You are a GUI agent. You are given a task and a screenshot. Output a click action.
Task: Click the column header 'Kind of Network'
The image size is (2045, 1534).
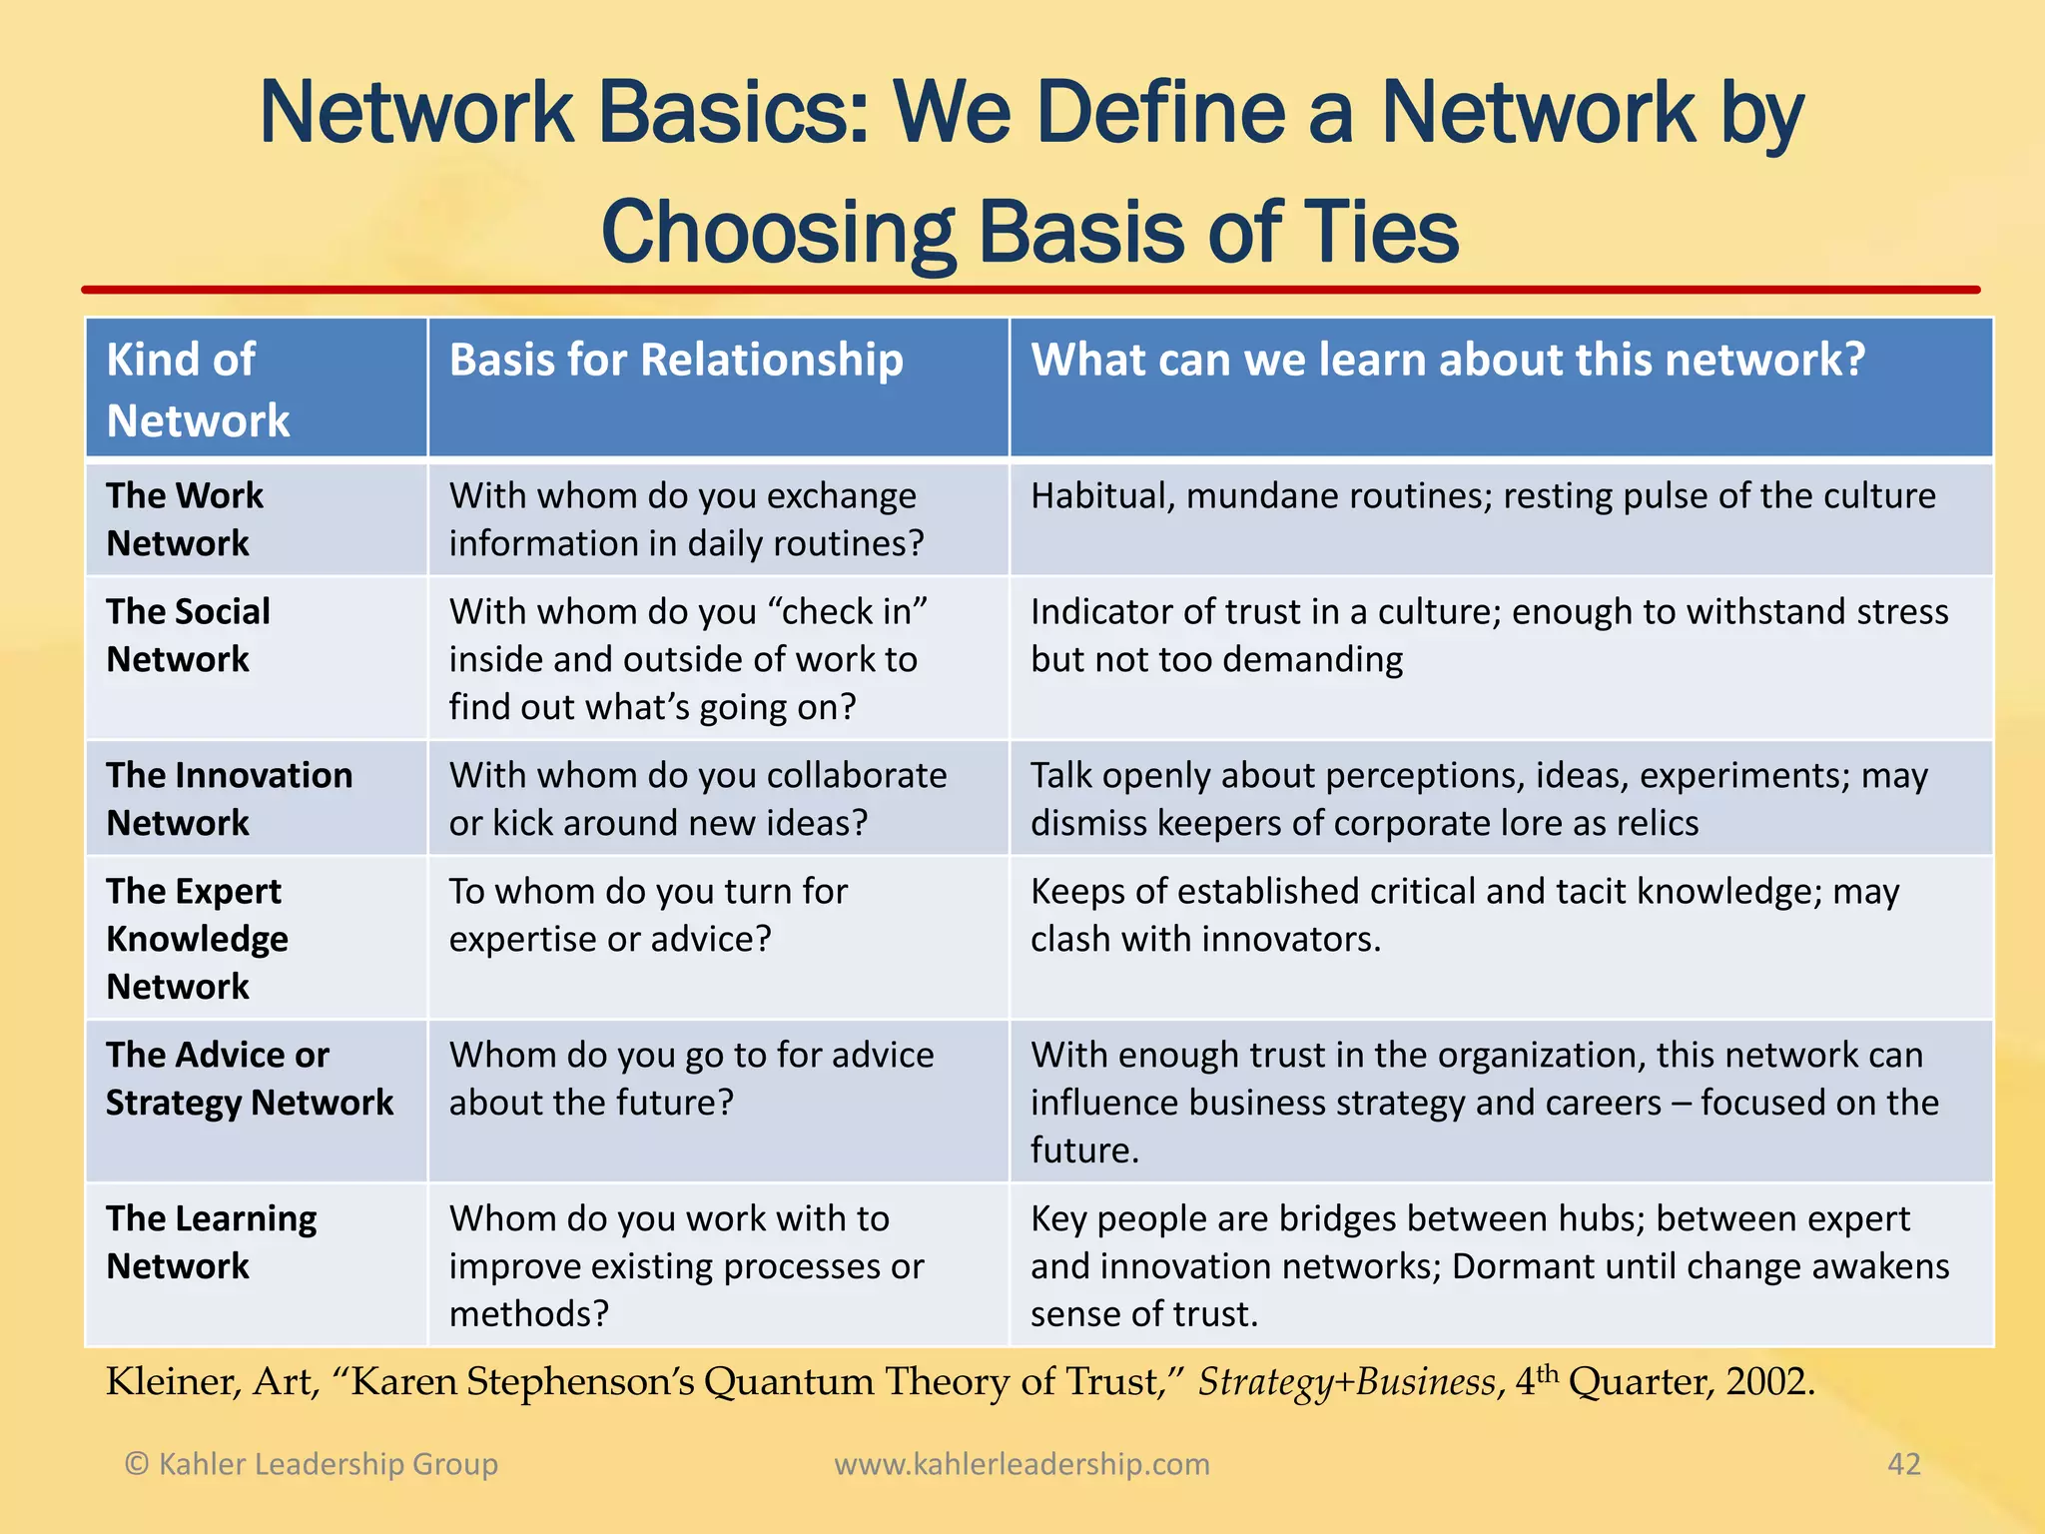pyautogui.click(x=198, y=389)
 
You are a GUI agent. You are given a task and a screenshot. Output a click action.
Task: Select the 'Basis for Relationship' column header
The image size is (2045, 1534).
pyautogui.click(x=676, y=360)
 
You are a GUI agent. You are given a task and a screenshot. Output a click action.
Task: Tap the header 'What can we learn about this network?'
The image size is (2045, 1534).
pyautogui.click(x=1448, y=360)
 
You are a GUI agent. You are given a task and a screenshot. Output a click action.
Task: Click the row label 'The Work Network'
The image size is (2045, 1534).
pyautogui.click(x=185, y=519)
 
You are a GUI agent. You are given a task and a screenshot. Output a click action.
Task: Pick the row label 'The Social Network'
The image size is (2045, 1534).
pyautogui.click(x=188, y=635)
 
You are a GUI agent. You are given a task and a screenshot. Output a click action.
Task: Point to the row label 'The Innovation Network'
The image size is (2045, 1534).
pyautogui.click(x=229, y=799)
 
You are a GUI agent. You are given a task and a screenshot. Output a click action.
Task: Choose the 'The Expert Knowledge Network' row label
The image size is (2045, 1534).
pyautogui.click(x=197, y=939)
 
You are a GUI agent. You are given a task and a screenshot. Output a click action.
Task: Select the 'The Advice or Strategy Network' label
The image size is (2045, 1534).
pyautogui.click(x=250, y=1079)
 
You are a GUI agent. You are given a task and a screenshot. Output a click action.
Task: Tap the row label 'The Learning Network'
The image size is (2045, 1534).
pyautogui.click(x=211, y=1242)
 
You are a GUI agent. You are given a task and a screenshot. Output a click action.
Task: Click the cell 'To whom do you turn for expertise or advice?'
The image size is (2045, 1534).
pyautogui.click(x=648, y=915)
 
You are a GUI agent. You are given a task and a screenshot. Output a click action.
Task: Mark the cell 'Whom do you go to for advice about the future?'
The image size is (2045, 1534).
pyautogui.click(x=691, y=1079)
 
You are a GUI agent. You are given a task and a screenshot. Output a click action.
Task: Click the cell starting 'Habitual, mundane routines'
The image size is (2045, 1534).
pyautogui.click(x=1483, y=496)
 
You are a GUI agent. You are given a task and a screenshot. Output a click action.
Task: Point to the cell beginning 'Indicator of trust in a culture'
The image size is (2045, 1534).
pyautogui.click(x=1489, y=635)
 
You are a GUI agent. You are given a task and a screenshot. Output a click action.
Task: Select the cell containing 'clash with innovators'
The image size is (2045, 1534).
pyautogui.click(x=1465, y=915)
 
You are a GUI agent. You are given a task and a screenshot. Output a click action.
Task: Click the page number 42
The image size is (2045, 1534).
pyautogui.click(x=1903, y=1464)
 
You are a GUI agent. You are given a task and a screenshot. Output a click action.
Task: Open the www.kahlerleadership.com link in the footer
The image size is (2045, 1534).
pyautogui.click(x=1022, y=1464)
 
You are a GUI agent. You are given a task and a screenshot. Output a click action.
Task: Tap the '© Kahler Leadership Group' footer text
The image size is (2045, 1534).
pyautogui.click(x=311, y=1464)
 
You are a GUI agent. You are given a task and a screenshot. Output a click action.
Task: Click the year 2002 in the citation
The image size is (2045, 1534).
pyautogui.click(x=1769, y=1382)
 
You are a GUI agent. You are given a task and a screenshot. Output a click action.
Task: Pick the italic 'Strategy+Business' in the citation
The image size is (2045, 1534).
pyautogui.click(x=1347, y=1382)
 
